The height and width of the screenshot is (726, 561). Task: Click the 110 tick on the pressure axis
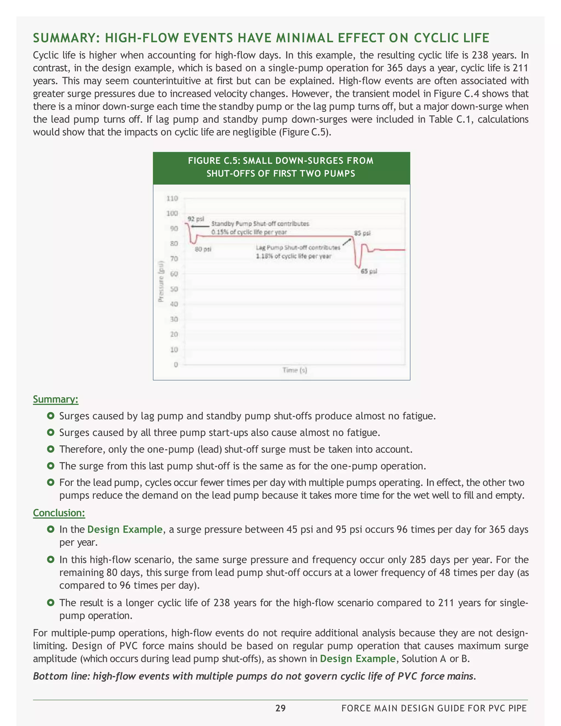point(172,198)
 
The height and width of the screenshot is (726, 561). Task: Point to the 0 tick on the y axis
point(176,365)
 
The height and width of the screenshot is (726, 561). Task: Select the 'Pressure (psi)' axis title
point(161,281)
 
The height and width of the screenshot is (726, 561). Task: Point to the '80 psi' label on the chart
point(203,249)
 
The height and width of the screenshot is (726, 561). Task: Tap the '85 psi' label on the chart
point(362,233)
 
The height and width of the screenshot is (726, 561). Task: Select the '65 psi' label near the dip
point(369,271)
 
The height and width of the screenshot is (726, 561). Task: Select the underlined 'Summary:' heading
point(56,399)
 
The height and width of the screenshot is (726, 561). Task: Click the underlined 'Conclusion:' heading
point(59,513)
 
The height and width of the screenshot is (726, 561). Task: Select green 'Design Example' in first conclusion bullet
point(125,530)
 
